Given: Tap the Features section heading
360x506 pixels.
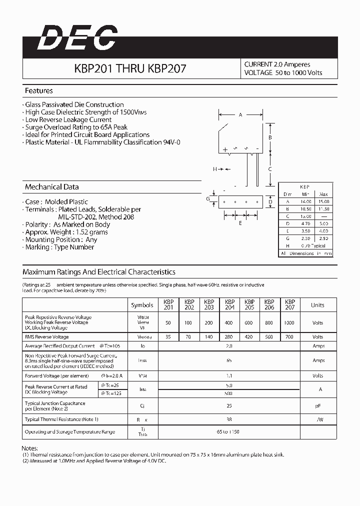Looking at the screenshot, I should coord(39,91).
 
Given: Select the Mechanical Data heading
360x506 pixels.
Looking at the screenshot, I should coord(52,187).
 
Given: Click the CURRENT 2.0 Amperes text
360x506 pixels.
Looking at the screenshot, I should coord(277,64).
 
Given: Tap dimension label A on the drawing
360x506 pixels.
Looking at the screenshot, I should coord(240,115).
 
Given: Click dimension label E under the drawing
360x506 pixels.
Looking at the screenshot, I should coord(240,223).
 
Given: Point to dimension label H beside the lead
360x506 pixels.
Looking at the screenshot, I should coord(215,169).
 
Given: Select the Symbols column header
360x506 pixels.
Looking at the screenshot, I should coord(142,305).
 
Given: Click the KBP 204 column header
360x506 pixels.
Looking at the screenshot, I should coord(229,305).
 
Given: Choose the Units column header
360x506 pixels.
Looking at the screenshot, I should coord(317,305).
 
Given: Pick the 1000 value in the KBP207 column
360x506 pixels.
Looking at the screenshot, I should coord(289,323).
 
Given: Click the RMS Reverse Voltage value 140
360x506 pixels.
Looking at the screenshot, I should coord(209,337).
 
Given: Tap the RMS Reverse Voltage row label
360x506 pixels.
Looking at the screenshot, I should coord(47,337).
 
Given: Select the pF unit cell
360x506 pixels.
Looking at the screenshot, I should coord(317,406).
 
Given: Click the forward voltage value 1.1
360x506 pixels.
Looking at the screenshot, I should coord(229,375).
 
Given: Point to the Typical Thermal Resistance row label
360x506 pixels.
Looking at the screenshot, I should coord(61,419).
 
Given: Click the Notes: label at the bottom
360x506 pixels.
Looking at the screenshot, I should coord(30,448).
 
